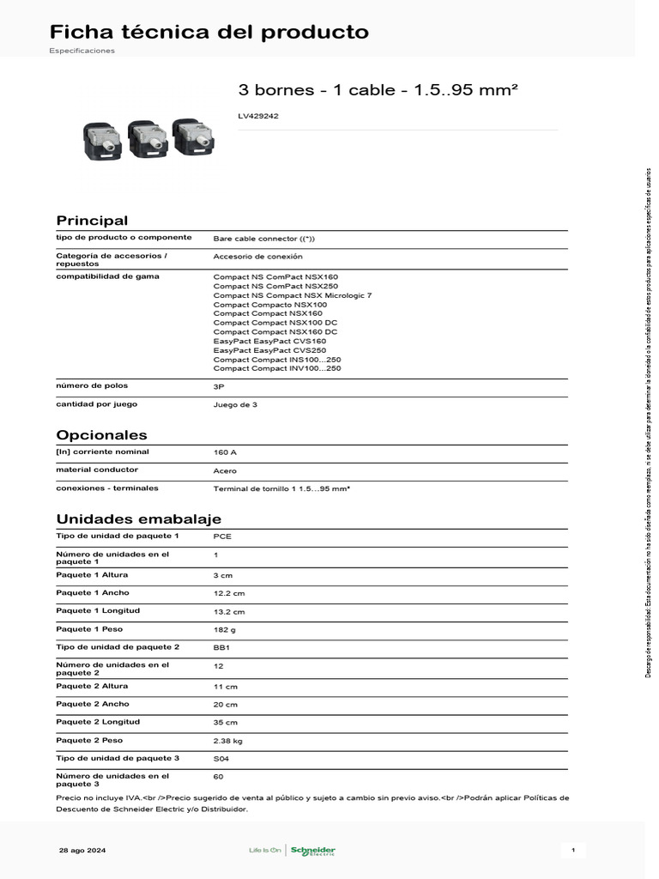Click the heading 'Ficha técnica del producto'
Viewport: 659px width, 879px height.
[x=209, y=33]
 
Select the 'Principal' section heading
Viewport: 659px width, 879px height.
[x=92, y=221]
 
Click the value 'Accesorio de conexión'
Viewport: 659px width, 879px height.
[x=257, y=257]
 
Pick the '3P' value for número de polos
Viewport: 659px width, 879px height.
[x=219, y=387]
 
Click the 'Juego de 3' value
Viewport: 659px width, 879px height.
[x=235, y=405]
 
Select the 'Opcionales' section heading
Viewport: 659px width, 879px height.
[x=101, y=435]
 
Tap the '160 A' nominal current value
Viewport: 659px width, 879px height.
[x=225, y=452]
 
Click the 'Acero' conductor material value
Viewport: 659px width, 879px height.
[x=225, y=471]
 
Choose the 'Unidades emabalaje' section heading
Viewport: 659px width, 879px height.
[x=139, y=519]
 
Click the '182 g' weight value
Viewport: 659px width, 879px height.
[x=225, y=630]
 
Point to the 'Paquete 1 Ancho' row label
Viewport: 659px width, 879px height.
[x=93, y=592]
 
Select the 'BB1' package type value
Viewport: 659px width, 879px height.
[x=221, y=647]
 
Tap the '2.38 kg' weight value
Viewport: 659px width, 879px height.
[x=228, y=740]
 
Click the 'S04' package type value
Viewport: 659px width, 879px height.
[x=221, y=759]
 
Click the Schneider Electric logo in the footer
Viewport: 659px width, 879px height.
[x=312, y=851]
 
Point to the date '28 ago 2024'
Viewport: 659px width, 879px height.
[x=82, y=851]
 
